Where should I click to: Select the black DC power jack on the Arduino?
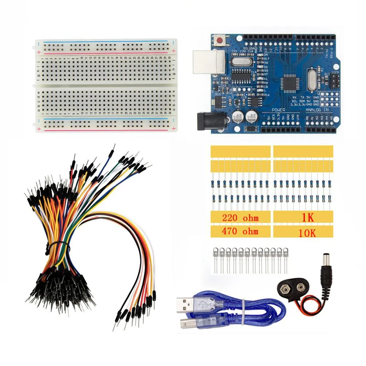pyautogui.click(x=206, y=121)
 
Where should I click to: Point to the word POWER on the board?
pyautogui.click(x=278, y=110)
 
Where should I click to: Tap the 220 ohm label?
pyautogui.click(x=239, y=219)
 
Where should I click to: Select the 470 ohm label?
pyautogui.click(x=239, y=231)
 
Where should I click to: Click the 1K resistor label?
pyautogui.click(x=304, y=219)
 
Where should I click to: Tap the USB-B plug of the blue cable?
pyautogui.click(x=203, y=323)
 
